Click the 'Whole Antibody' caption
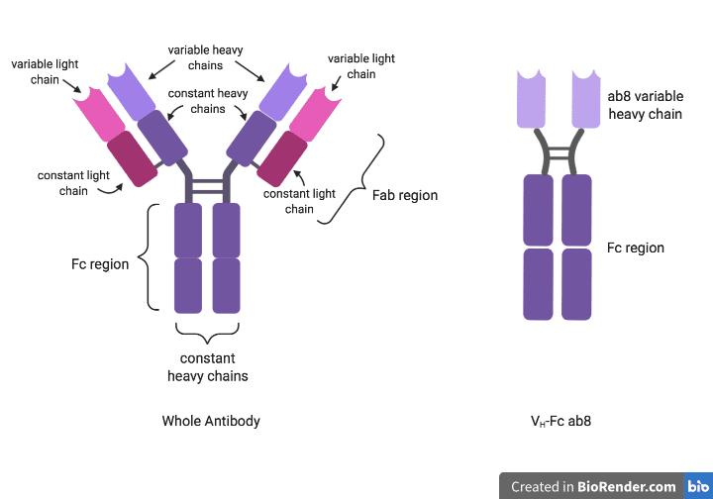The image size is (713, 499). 211,421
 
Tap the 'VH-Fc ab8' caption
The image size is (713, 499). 560,421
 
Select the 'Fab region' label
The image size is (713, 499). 404,195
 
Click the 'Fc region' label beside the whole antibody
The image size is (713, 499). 100,264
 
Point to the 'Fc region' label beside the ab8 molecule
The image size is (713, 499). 635,248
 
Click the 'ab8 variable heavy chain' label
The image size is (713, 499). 644,106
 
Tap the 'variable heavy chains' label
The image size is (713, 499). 205,57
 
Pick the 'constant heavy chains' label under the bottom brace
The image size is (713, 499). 207,367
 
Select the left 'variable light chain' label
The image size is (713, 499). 45,71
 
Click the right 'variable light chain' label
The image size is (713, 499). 360,66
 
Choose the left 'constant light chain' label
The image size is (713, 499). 73,183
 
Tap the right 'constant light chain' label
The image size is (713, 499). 299,201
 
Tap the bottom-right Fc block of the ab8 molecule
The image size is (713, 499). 577,283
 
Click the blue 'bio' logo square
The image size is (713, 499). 698,486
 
